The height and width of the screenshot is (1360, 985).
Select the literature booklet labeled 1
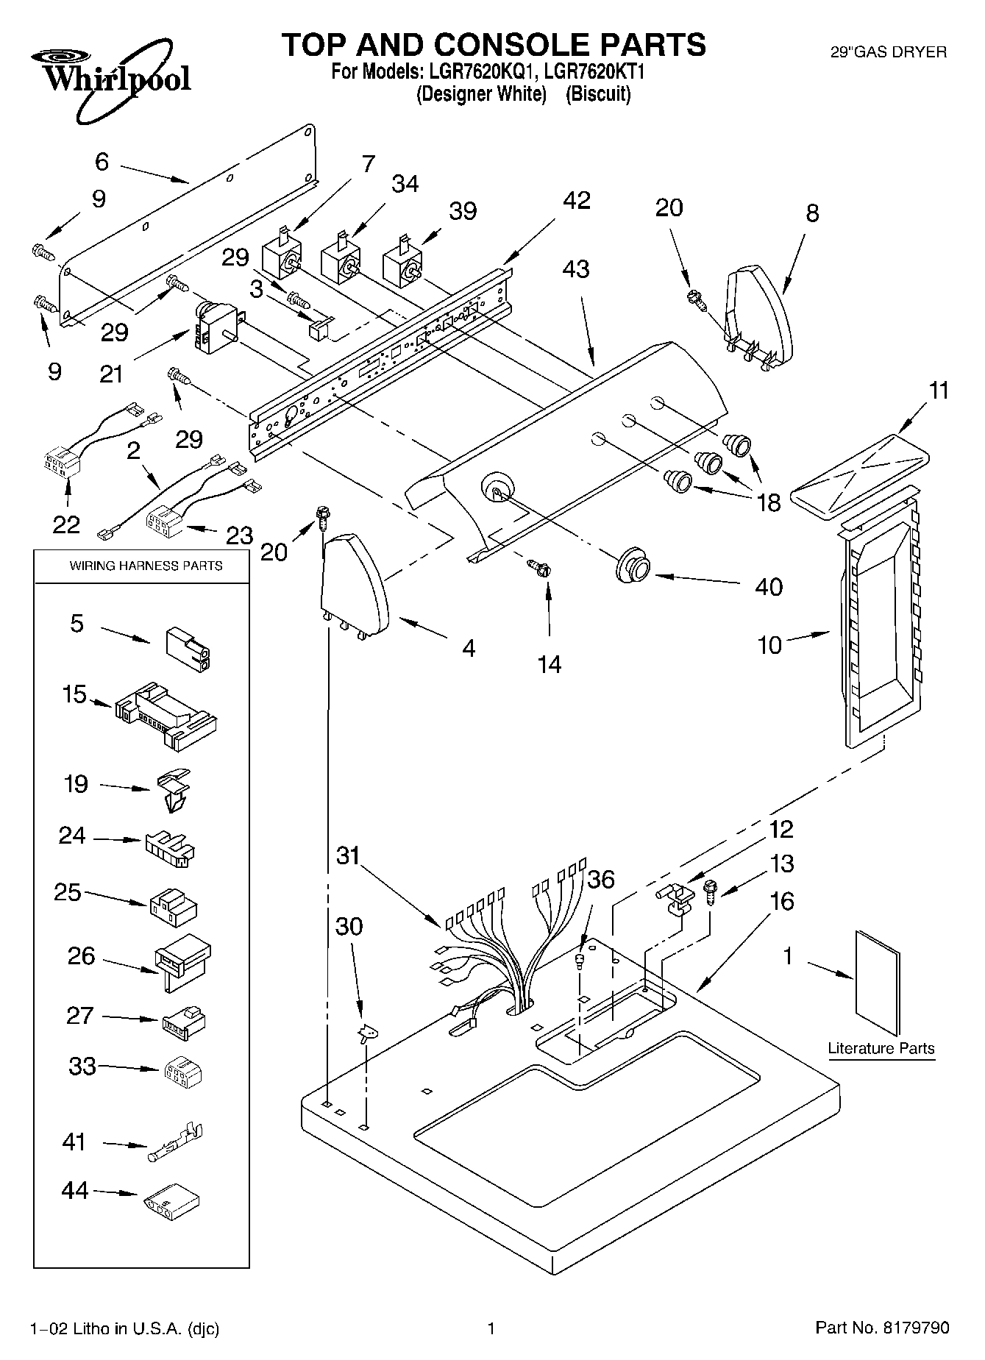(x=878, y=983)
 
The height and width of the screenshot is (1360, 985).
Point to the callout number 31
(x=349, y=856)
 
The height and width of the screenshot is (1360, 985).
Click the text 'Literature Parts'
(x=881, y=1048)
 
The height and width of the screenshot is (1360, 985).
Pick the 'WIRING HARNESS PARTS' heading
(x=146, y=566)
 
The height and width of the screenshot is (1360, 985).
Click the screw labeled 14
(x=540, y=569)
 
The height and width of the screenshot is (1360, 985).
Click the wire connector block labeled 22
(x=63, y=466)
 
